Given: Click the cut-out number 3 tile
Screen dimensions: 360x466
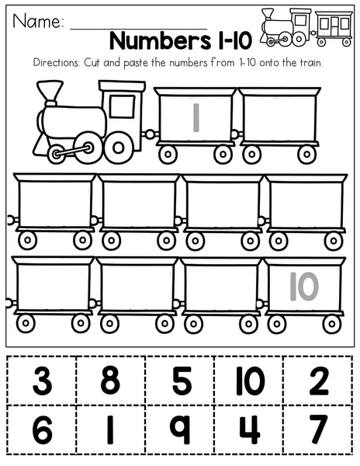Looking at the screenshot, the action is click(x=42, y=381).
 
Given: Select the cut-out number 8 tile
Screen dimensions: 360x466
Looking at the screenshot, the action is click(x=111, y=381).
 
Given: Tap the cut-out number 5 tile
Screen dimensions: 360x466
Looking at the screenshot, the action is click(x=180, y=381).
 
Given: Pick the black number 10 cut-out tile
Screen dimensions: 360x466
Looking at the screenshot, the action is click(x=249, y=381).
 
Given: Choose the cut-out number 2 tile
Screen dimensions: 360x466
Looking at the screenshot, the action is click(x=318, y=381).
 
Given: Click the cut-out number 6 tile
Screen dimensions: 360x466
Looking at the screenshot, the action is click(x=42, y=429).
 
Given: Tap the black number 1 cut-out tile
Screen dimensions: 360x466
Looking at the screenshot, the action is click(x=111, y=429).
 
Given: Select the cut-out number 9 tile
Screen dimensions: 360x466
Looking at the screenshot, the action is click(x=180, y=429).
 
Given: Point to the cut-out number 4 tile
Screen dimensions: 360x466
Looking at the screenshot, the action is click(x=249, y=429).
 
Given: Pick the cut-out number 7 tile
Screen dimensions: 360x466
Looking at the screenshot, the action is click(x=318, y=429).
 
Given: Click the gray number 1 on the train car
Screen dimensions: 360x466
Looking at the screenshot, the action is click(x=196, y=117).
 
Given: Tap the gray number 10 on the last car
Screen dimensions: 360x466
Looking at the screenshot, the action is click(x=304, y=287).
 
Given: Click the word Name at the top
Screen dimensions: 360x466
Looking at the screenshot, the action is click(x=38, y=22).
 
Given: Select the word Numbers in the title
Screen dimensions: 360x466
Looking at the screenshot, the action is click(x=161, y=40).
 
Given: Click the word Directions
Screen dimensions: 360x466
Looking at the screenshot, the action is click(x=57, y=63).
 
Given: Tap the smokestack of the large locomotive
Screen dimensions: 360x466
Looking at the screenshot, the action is click(x=50, y=93).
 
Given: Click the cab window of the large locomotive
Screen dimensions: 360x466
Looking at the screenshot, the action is click(x=122, y=106).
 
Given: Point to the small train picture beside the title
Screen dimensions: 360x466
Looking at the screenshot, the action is click(x=306, y=27).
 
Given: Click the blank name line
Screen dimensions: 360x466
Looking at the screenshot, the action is click(x=138, y=29).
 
